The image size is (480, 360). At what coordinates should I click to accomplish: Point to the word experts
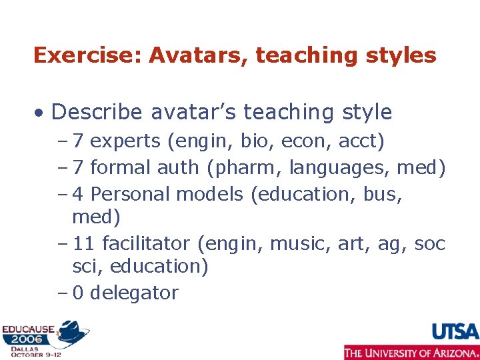[x=126, y=141]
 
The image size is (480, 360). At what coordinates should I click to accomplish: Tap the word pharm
[x=238, y=167]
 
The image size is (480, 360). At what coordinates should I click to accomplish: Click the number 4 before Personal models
[x=78, y=194]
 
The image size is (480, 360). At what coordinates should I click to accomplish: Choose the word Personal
[x=131, y=194]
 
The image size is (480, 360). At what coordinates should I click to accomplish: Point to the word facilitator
[x=150, y=244]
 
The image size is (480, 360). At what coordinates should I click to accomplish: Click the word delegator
[x=134, y=293]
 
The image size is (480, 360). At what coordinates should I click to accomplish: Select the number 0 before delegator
[x=78, y=293]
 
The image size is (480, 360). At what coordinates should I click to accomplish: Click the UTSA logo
[x=455, y=331]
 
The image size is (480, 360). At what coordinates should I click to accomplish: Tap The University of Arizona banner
[x=411, y=352]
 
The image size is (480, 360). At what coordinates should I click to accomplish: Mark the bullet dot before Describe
[x=41, y=113]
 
